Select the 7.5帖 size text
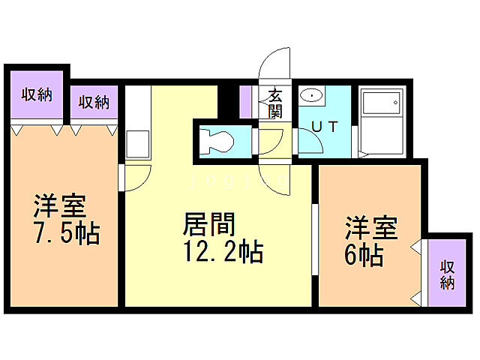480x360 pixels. [66, 234]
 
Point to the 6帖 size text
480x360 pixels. [364, 254]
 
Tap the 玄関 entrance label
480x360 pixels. [275, 103]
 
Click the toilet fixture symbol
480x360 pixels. [218, 140]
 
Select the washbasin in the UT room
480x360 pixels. [311, 96]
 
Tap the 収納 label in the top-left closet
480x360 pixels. [36, 95]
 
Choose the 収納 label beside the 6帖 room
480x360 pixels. [448, 274]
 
